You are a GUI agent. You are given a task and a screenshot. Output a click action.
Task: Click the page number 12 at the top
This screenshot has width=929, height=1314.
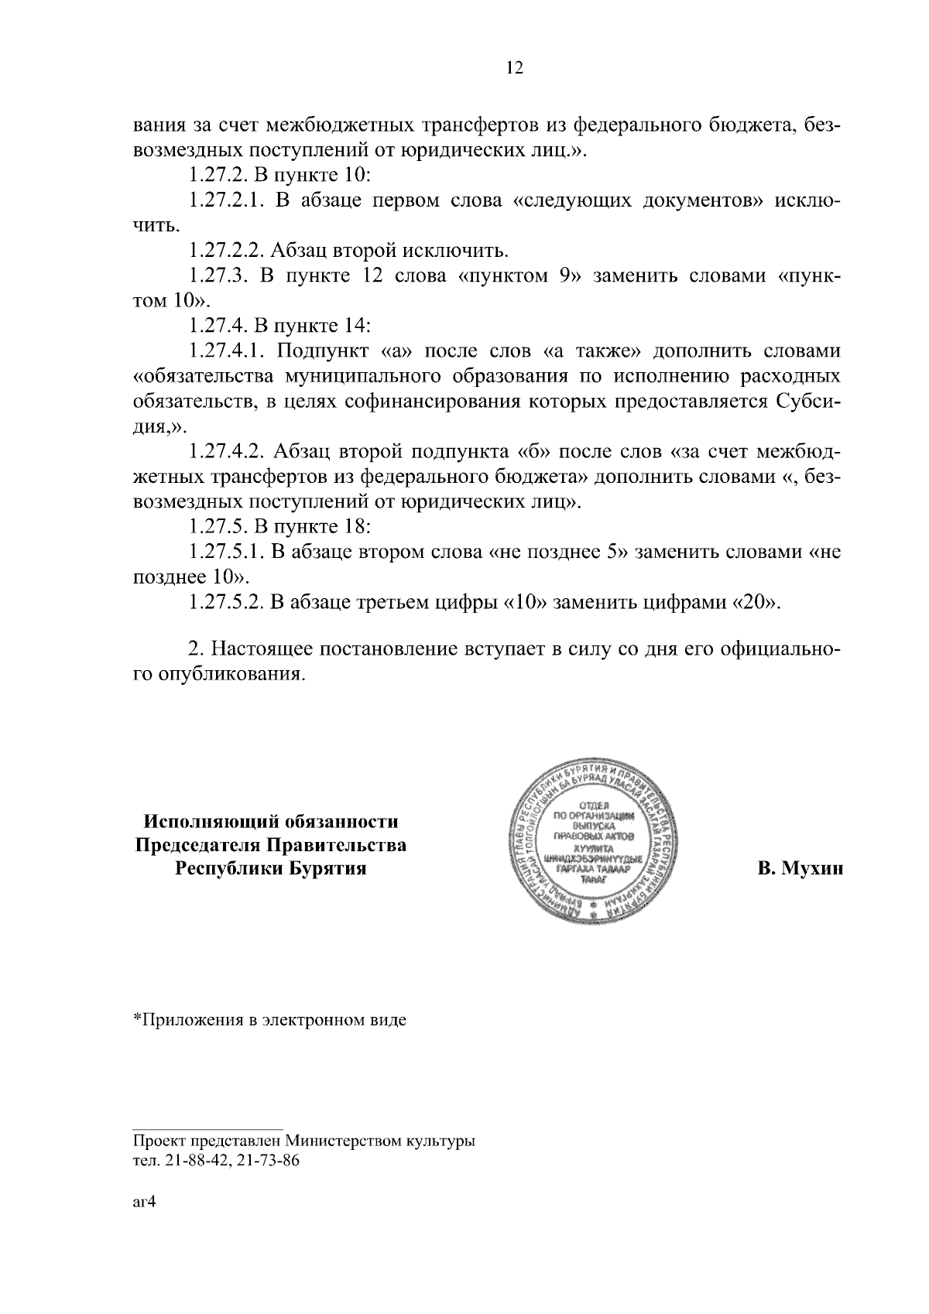[515, 68]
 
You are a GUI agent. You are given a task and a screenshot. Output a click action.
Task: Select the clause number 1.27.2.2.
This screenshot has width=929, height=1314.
[225, 251]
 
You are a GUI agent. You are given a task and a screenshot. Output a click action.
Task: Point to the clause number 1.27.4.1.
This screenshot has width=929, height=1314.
[225, 351]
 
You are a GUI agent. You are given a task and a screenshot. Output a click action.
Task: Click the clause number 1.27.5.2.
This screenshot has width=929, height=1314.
[225, 603]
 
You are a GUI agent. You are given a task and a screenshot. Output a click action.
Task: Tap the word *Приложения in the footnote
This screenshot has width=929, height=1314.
[184, 1019]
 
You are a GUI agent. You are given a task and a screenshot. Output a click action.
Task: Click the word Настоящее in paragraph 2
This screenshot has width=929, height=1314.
[259, 648]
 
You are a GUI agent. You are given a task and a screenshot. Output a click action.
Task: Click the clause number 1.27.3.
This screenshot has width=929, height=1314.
[218, 276]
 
